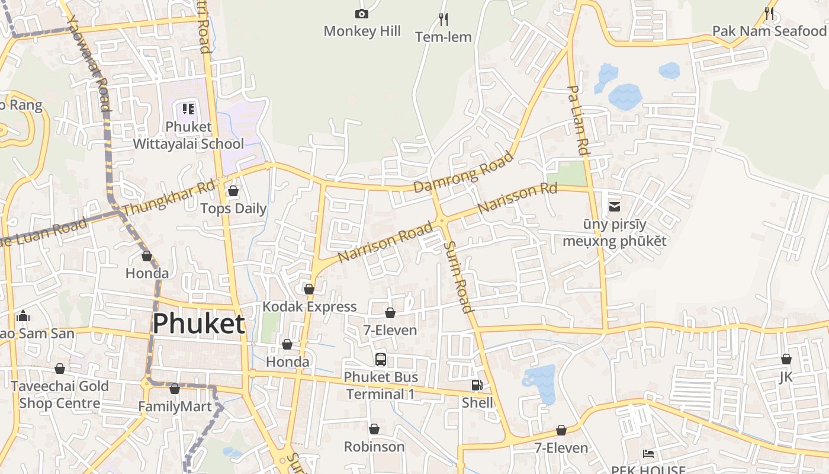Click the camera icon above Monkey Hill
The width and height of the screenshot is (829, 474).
[361, 14]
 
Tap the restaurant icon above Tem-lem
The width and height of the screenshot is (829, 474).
[443, 20]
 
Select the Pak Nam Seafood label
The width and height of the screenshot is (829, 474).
[769, 31]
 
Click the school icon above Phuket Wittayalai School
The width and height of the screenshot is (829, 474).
[188, 108]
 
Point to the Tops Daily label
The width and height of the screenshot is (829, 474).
[233, 209]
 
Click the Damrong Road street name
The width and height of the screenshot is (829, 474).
[463, 172]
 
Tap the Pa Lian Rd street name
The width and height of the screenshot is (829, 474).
[579, 120]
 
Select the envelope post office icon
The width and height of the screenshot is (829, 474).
[615, 207]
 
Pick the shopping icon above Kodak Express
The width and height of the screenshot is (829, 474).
[309, 289]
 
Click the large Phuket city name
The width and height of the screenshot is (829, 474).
[198, 324]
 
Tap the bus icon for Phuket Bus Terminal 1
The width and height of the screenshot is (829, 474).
[381, 359]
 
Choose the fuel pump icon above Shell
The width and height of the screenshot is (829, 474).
[477, 385]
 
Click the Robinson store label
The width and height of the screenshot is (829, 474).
[374, 446]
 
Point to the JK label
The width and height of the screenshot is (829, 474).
[786, 377]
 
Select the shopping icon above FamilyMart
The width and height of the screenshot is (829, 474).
[174, 389]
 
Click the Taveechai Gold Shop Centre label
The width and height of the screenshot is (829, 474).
[60, 395]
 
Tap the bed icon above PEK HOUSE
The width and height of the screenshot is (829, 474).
[648, 454]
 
